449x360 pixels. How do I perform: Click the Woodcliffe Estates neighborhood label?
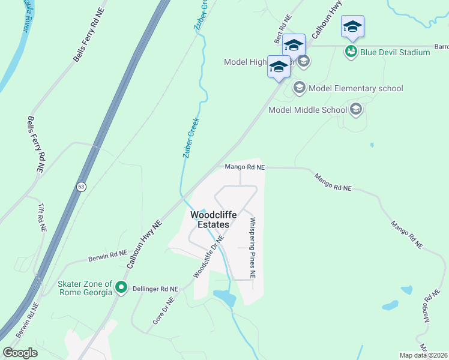pyautogui.click(x=209, y=220)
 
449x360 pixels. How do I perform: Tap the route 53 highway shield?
pyautogui.click(x=80, y=187)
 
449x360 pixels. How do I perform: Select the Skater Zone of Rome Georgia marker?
pyautogui.click(x=121, y=288)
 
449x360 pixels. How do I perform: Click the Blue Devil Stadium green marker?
pyautogui.click(x=351, y=52)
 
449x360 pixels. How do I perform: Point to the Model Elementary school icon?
pyautogui.click(x=299, y=88)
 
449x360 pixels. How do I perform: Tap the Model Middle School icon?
pyautogui.click(x=356, y=109)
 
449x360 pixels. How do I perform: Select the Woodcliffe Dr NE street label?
pyautogui.click(x=208, y=256)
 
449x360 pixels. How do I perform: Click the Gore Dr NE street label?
pyautogui.click(x=163, y=310)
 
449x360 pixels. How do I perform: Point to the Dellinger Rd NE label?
pyautogui.click(x=156, y=289)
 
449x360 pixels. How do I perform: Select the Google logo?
pyautogui.click(x=20, y=352)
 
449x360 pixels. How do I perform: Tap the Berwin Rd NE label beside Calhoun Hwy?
pyautogui.click(x=107, y=256)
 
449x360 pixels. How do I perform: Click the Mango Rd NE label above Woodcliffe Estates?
pyautogui.click(x=244, y=167)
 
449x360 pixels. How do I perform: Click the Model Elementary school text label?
pyautogui.click(x=355, y=88)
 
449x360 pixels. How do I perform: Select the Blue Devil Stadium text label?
pyautogui.click(x=395, y=52)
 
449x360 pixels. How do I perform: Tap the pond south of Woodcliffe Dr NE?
pyautogui.click(x=223, y=296)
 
